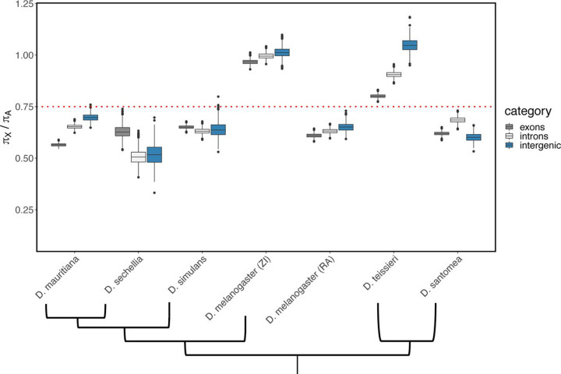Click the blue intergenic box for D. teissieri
tap(409, 44)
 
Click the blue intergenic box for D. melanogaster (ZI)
tap(281, 52)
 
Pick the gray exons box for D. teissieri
tap(377, 96)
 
